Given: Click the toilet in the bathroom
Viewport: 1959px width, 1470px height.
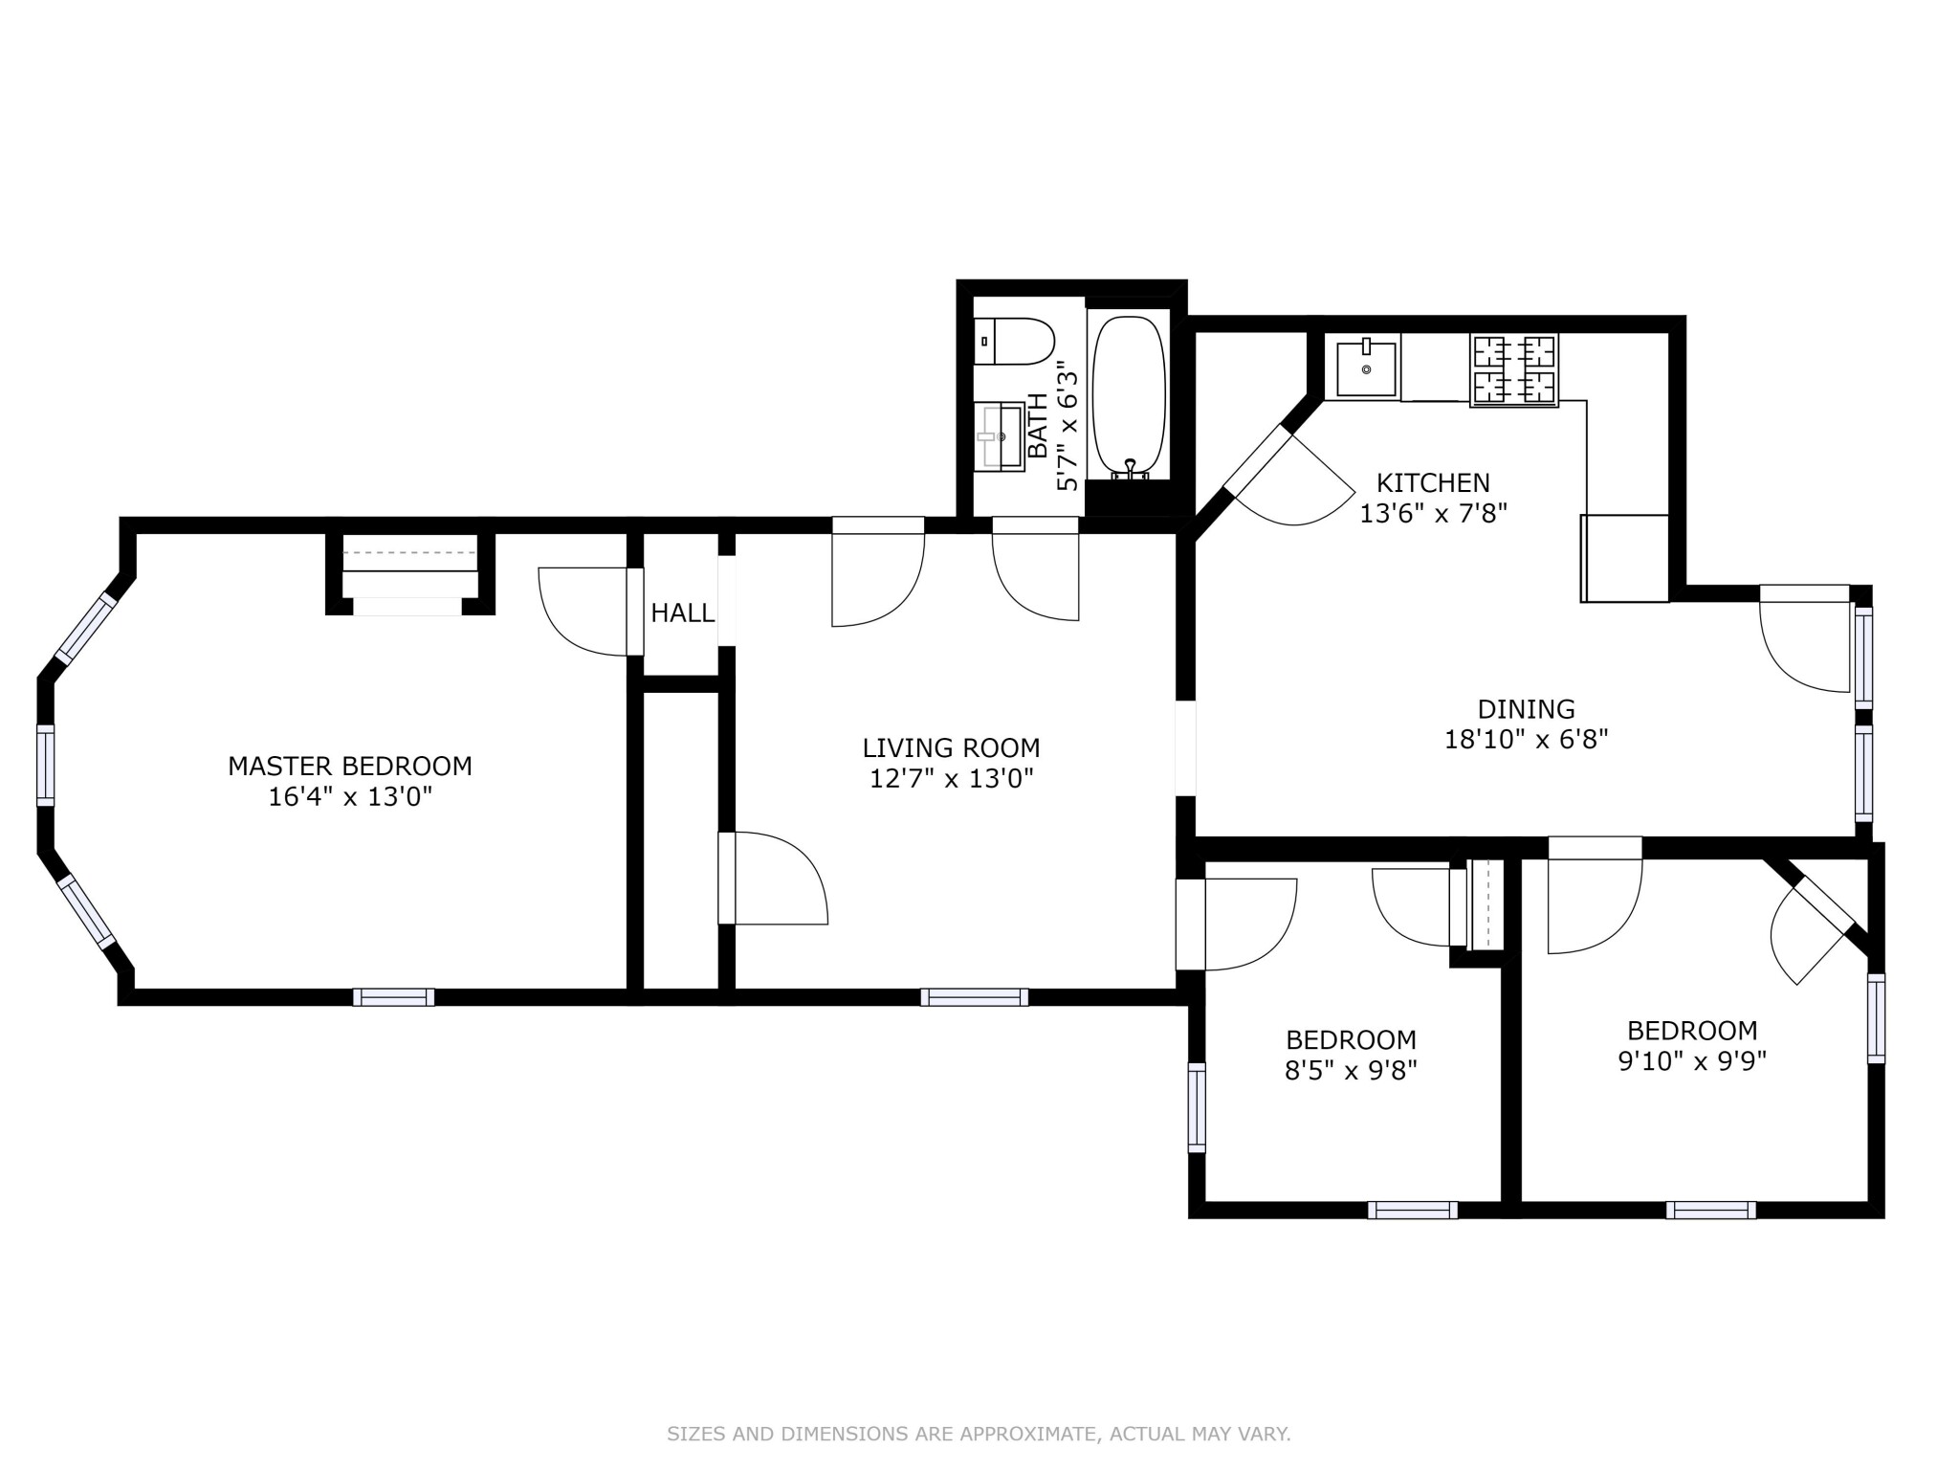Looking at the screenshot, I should (x=1016, y=342).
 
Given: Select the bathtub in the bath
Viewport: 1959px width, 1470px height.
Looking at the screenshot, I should (x=1129, y=396).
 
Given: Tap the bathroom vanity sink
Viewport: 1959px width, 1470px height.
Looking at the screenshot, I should (x=1001, y=436).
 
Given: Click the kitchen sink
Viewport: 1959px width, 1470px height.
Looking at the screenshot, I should (x=1366, y=367).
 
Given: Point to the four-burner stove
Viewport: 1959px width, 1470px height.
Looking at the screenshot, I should (x=1515, y=369).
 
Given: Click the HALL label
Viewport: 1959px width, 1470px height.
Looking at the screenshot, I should (x=682, y=613).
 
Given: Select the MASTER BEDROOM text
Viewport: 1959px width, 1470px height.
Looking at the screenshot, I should (x=350, y=766).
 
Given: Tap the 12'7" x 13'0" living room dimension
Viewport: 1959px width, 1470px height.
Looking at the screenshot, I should (x=951, y=779).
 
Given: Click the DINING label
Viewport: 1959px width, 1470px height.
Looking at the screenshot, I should (x=1526, y=709).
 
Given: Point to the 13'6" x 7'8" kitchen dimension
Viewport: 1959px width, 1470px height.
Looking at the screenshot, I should (x=1433, y=514).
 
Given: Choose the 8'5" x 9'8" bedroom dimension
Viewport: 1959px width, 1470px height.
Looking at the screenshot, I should (x=1350, y=1070).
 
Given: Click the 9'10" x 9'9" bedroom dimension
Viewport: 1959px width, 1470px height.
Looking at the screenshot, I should (x=1691, y=1061).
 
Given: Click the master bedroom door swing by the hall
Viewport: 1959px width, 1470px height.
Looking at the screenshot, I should (x=583, y=612).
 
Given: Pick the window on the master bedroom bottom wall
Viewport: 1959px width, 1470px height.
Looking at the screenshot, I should (x=393, y=997).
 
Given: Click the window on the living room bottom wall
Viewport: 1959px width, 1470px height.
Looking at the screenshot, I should (x=974, y=997).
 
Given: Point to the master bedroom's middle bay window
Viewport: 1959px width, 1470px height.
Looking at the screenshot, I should (x=45, y=765).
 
